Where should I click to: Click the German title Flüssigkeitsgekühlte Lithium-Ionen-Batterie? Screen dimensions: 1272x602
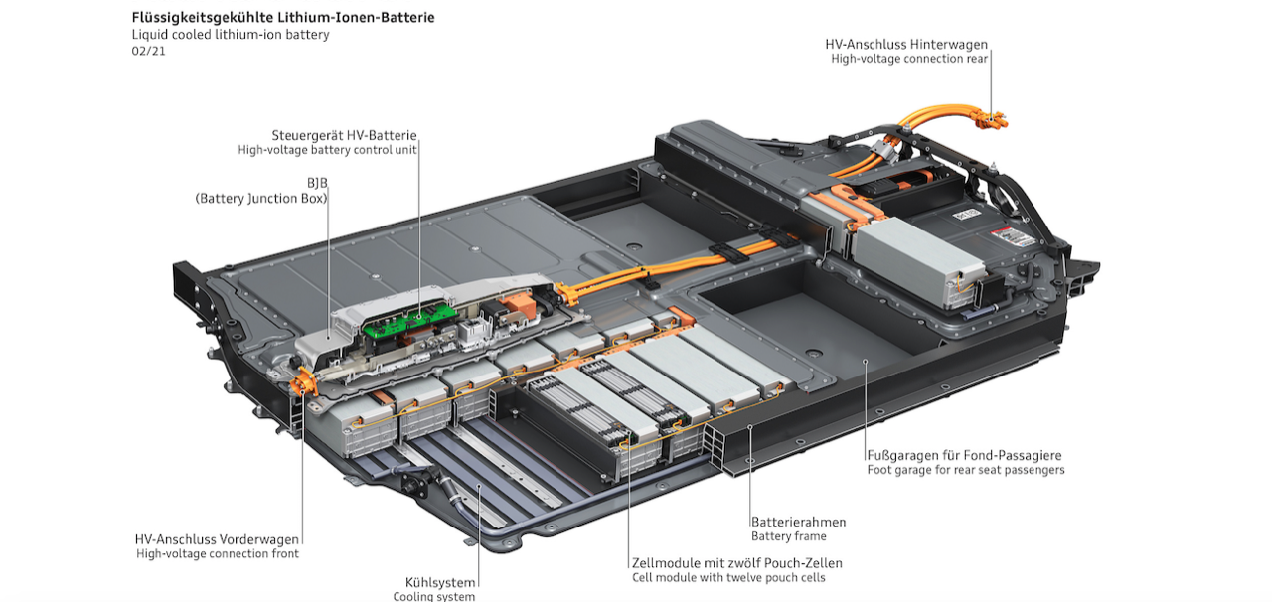pyautogui.click(x=283, y=18)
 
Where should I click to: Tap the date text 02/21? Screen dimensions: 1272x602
pyautogui.click(x=149, y=51)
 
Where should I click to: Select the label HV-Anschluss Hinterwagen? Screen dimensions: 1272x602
pyautogui.click(x=906, y=45)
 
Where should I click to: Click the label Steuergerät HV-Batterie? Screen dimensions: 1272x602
pyautogui.click(x=344, y=136)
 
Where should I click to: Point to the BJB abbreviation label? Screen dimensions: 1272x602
pyautogui.click(x=317, y=183)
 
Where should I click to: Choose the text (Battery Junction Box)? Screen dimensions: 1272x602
pyautogui.click(x=261, y=199)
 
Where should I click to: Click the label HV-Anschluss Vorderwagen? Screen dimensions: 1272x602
pyautogui.click(x=217, y=539)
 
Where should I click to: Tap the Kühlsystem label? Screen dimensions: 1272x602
pyautogui.click(x=440, y=583)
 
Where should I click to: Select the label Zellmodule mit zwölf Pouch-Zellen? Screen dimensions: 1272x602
pyautogui.click(x=737, y=563)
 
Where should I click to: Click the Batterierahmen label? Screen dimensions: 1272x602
pyautogui.click(x=798, y=522)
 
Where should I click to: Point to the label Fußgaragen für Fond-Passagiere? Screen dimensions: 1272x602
pyautogui.click(x=964, y=456)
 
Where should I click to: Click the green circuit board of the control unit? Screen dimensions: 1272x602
pyautogui.click(x=409, y=320)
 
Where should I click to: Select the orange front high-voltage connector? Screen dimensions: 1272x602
pyautogui.click(x=305, y=381)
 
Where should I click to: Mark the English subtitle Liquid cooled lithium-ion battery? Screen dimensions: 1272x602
pyautogui.click(x=231, y=35)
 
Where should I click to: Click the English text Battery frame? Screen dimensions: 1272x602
pyautogui.click(x=789, y=536)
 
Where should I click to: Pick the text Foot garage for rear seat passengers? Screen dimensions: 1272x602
pyautogui.click(x=966, y=470)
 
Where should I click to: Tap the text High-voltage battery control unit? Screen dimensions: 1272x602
pyautogui.click(x=327, y=150)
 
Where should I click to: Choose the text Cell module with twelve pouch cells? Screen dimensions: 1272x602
pyautogui.click(x=728, y=578)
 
